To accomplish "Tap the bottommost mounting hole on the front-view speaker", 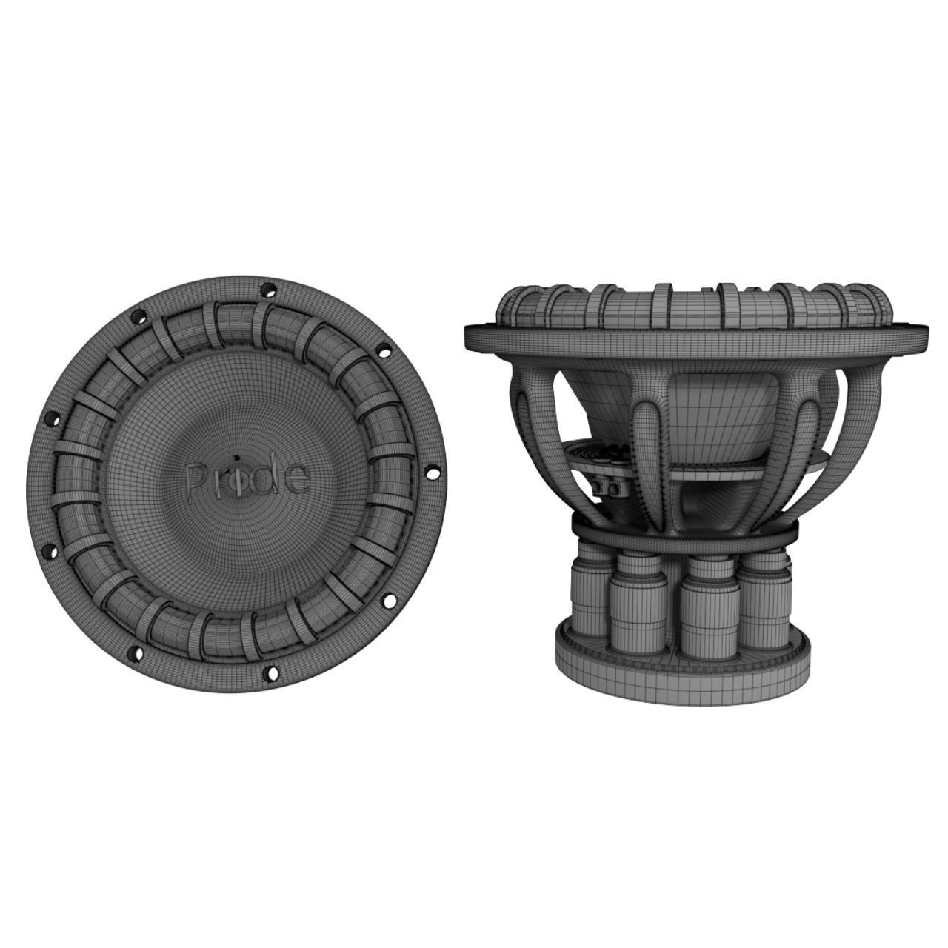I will point(271,672).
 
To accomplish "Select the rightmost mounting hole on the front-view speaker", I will point(433,472).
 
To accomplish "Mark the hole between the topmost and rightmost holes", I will point(384,351).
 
